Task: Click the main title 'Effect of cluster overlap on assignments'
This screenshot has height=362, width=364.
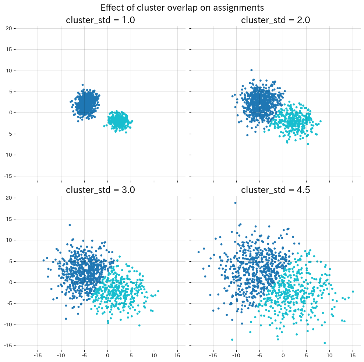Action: click(x=182, y=7)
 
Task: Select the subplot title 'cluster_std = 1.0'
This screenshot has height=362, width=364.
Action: click(x=100, y=20)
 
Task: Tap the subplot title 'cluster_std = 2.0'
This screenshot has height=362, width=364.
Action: click(x=275, y=20)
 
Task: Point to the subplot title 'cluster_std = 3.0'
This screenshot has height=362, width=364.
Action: click(x=100, y=190)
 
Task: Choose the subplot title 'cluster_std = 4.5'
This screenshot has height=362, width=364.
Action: click(x=275, y=190)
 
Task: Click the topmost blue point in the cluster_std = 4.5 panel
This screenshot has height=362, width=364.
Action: click(x=235, y=203)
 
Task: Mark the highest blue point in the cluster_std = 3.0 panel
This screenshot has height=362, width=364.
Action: click(x=70, y=225)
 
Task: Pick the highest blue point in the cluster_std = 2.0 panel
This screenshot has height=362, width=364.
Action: click(x=251, y=70)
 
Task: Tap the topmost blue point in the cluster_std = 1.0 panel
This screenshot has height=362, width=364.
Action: click(x=82, y=85)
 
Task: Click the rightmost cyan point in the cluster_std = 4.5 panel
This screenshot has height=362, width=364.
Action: click(x=353, y=291)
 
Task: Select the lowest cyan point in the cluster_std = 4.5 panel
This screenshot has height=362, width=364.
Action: click(x=325, y=343)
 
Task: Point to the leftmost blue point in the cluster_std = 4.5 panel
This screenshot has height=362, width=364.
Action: click(x=199, y=252)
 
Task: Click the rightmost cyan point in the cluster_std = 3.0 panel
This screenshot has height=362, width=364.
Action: click(x=158, y=291)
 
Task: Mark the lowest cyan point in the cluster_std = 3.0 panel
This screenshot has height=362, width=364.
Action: click(x=139, y=325)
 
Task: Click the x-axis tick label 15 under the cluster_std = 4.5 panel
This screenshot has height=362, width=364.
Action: click(x=353, y=355)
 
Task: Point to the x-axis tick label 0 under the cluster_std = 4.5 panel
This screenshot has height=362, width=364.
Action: click(x=283, y=355)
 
